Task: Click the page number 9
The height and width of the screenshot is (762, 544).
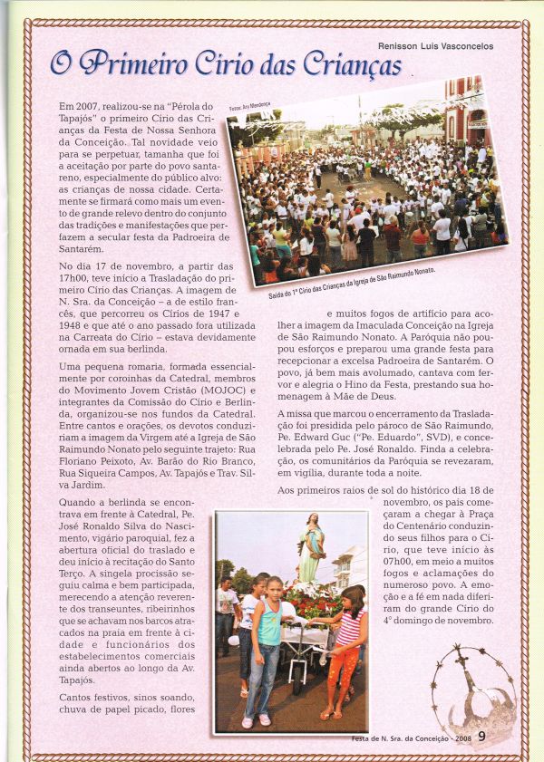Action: tap(481, 736)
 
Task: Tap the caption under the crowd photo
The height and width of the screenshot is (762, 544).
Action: tap(352, 283)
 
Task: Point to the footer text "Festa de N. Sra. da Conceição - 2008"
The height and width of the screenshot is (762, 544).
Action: tap(412, 738)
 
